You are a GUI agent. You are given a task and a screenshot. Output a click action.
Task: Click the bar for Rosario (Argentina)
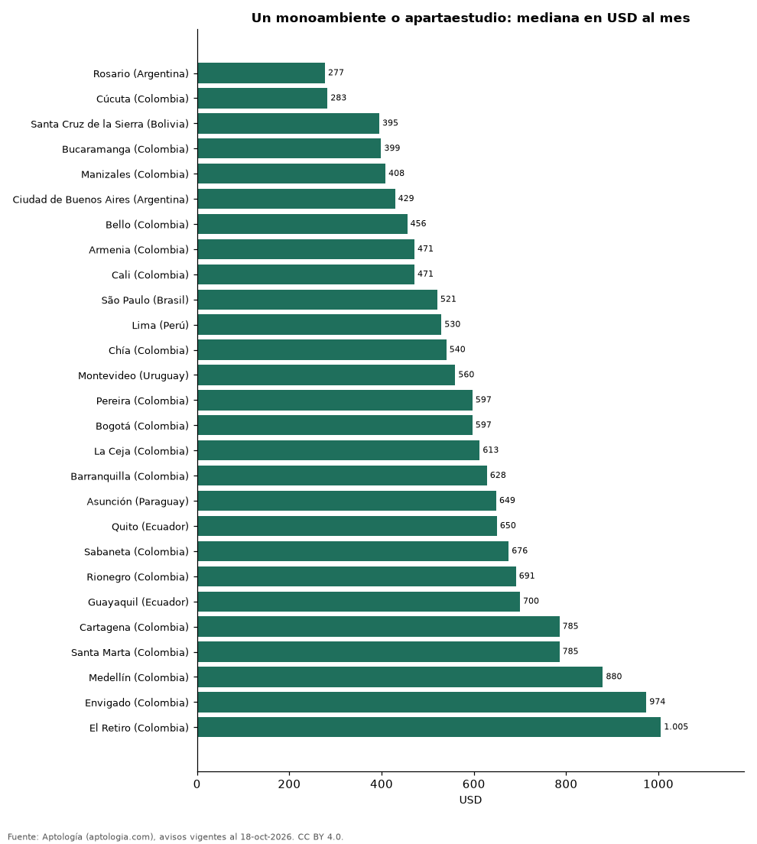click(x=262, y=73)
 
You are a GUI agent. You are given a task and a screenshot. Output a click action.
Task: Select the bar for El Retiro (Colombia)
click(x=429, y=727)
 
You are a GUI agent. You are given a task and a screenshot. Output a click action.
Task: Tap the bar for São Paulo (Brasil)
click(x=317, y=300)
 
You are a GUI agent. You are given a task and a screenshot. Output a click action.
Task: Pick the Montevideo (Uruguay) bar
click(x=327, y=375)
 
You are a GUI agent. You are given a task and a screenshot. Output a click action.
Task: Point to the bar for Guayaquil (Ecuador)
click(x=359, y=602)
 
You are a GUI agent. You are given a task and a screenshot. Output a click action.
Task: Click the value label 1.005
click(x=676, y=727)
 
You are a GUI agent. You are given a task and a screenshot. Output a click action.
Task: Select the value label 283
click(x=339, y=98)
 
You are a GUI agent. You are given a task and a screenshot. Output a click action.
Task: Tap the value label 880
click(x=614, y=677)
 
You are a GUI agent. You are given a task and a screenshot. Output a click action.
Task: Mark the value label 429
click(x=406, y=199)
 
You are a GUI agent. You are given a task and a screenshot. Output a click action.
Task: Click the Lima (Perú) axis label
click(x=161, y=325)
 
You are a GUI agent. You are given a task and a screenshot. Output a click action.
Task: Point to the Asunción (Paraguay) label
click(x=138, y=502)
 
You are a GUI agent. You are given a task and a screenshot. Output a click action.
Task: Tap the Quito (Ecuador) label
click(x=150, y=527)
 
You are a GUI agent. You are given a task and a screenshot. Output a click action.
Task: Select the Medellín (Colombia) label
click(x=139, y=677)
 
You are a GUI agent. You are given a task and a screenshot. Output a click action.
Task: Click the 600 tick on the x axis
click(x=474, y=784)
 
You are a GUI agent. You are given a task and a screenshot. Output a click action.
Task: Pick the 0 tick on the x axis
click(x=197, y=784)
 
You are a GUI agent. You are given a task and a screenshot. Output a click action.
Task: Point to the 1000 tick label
click(x=658, y=784)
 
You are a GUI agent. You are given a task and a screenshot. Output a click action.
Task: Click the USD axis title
click(x=470, y=800)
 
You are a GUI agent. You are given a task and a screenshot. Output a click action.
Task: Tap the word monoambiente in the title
click(x=330, y=18)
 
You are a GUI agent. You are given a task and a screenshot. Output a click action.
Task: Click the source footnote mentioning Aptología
click(x=176, y=836)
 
